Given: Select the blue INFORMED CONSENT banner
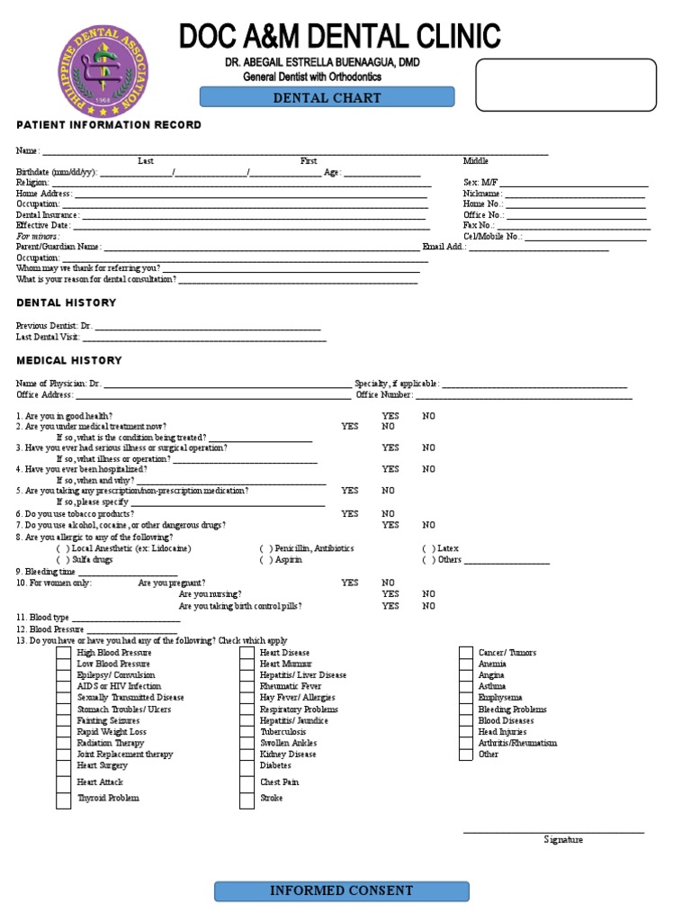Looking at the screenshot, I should [342, 891].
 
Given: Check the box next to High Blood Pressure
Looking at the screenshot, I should [64, 653].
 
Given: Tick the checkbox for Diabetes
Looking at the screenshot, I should [247, 766].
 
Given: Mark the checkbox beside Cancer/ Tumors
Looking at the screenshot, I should [466, 653].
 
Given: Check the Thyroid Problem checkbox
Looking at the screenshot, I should [64, 799].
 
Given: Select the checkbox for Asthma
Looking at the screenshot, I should [466, 687].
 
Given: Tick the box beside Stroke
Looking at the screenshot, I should [247, 799].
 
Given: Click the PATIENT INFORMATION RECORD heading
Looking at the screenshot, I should [109, 125].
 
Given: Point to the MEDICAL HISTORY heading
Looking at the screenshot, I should [69, 361].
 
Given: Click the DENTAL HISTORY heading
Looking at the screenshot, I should [67, 303].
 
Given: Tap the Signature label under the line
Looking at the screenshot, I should [563, 840].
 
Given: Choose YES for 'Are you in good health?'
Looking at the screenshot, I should [390, 417].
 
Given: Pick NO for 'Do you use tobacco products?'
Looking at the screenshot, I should [388, 514].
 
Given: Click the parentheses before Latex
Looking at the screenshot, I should [428, 548].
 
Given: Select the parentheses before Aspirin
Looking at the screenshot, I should [265, 560].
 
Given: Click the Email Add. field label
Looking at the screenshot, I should [444, 247].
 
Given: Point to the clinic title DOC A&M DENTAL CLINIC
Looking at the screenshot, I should [340, 37].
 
